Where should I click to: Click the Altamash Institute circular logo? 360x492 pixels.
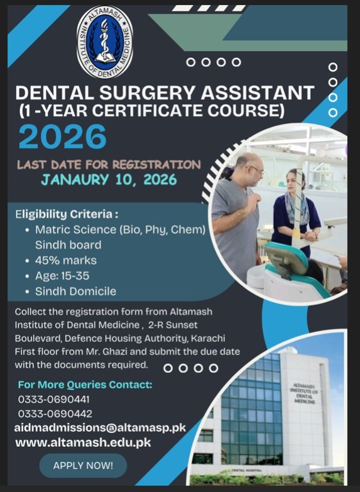pyautogui.click(x=105, y=41)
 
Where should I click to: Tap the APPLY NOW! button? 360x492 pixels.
pyautogui.click(x=83, y=466)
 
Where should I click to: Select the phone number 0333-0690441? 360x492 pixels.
pyautogui.click(x=54, y=399)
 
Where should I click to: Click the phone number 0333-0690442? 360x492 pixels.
pyautogui.click(x=55, y=413)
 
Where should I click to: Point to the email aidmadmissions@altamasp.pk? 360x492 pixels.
pyautogui.click(x=100, y=428)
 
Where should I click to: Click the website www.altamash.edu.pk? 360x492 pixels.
pyautogui.click(x=83, y=442)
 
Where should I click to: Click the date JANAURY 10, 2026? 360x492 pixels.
pyautogui.click(x=109, y=180)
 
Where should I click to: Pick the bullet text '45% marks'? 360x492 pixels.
pyautogui.click(x=65, y=260)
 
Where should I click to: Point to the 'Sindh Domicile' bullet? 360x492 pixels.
pyautogui.click(x=75, y=291)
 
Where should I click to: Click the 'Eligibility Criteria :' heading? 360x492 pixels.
pyautogui.click(x=67, y=214)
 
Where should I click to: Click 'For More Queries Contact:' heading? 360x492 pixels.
pyautogui.click(x=85, y=384)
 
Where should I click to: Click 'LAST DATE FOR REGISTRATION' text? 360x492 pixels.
pyautogui.click(x=109, y=165)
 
